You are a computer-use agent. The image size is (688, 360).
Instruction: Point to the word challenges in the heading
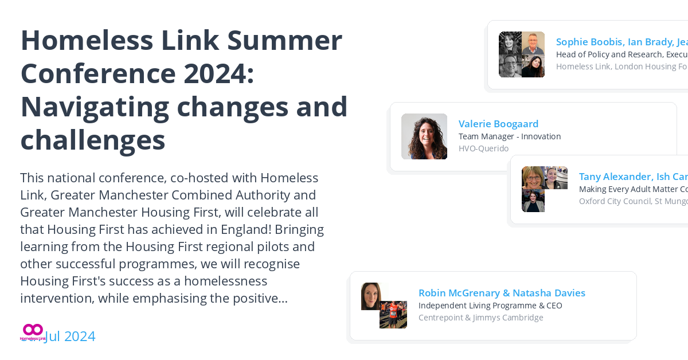point(92,139)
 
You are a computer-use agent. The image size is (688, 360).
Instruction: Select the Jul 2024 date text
point(70,336)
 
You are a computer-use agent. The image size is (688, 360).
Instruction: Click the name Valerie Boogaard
point(498,124)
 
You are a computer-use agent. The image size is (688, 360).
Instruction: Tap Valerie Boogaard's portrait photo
point(424,136)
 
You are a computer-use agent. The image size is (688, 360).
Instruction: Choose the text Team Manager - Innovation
point(509,136)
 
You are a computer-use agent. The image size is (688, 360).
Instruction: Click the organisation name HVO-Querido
point(483,148)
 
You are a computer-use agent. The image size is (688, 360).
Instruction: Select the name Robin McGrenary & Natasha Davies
point(502,293)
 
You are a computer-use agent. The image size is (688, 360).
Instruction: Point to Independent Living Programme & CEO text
point(490,306)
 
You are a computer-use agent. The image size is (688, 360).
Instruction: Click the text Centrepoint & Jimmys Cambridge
point(480,318)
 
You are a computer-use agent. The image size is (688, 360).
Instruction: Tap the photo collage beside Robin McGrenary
point(384,306)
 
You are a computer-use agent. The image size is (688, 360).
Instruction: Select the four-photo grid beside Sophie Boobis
point(522,54)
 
